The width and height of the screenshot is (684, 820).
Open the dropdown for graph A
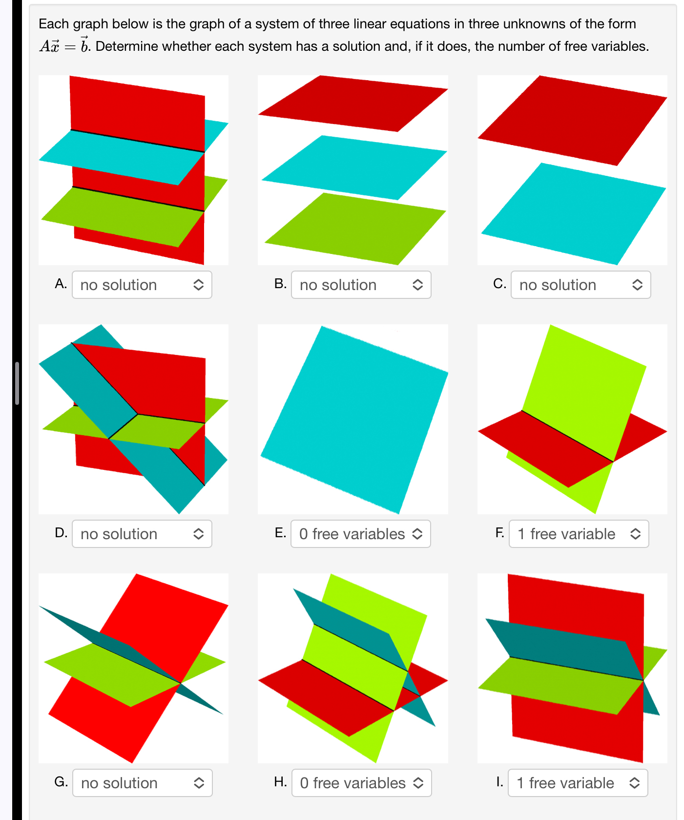[x=142, y=285]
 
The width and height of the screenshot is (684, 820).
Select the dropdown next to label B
[x=361, y=285]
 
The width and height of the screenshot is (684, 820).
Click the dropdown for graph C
[x=580, y=285]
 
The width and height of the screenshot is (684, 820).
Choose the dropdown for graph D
[x=142, y=534]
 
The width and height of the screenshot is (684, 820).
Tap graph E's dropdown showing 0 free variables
[x=360, y=534]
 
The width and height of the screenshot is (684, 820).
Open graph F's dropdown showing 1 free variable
[x=579, y=534]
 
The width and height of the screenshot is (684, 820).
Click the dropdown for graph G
[x=142, y=783]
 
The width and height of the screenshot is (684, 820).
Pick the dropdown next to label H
[x=361, y=783]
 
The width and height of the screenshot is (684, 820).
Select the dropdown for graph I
[x=578, y=783]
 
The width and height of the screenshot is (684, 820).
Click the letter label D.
[x=61, y=532]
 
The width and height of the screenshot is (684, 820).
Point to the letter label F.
[x=499, y=532]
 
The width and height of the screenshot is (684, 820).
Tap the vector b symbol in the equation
[x=84, y=46]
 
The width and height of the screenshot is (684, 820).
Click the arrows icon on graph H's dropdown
[x=418, y=783]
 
